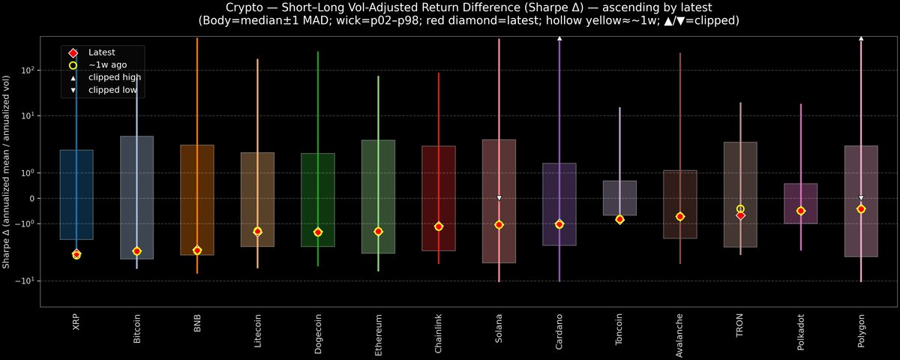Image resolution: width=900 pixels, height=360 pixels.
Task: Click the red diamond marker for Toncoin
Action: (x=619, y=219)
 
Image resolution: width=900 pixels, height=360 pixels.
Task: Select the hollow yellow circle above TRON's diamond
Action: (x=740, y=209)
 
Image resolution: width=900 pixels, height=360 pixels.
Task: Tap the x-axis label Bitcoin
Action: (x=136, y=328)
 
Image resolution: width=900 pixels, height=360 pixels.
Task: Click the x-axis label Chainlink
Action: (x=439, y=331)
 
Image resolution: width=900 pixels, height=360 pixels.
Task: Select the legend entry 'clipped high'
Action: (x=114, y=77)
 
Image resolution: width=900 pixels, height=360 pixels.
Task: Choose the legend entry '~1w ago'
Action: (x=107, y=64)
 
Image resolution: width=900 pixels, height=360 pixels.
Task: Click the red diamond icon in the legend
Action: (x=73, y=52)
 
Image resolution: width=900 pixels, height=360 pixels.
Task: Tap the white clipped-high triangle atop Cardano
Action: (x=559, y=37)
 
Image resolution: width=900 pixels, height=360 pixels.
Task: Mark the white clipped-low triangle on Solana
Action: (x=499, y=198)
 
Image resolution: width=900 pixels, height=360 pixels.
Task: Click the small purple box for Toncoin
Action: (x=619, y=196)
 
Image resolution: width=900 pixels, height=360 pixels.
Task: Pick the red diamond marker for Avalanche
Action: (x=680, y=216)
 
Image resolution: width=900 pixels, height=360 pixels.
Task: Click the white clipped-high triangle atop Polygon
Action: (x=861, y=37)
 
